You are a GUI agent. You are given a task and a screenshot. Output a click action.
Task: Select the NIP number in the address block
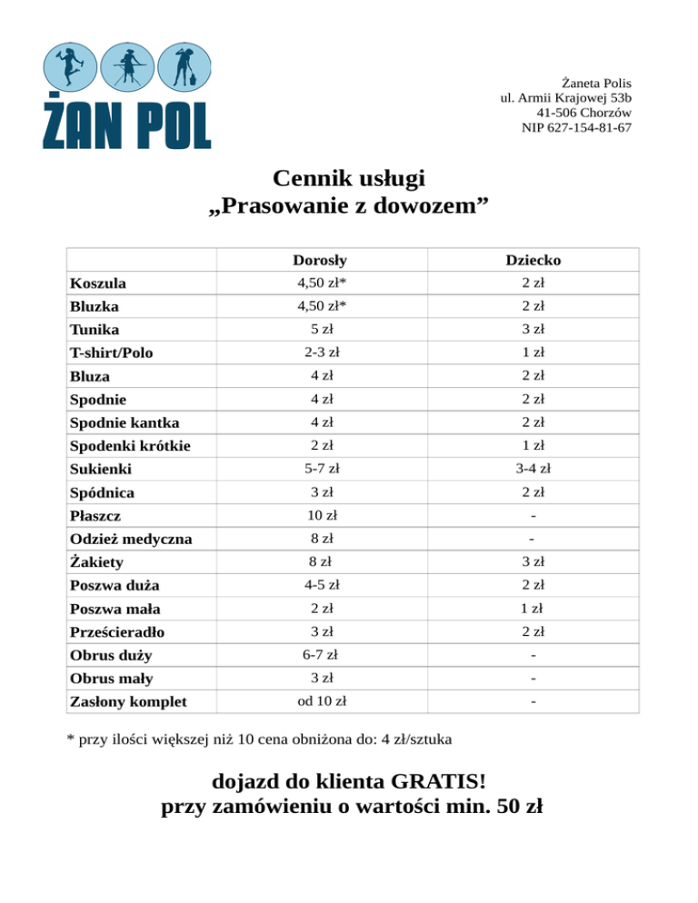(x=576, y=127)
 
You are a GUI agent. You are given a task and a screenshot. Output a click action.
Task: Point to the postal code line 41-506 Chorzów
(x=583, y=113)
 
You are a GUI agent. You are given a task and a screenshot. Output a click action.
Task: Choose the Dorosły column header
(x=319, y=260)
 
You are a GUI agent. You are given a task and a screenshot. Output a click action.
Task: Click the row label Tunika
(x=94, y=330)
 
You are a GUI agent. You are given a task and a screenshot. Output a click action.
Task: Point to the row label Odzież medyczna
(x=131, y=540)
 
